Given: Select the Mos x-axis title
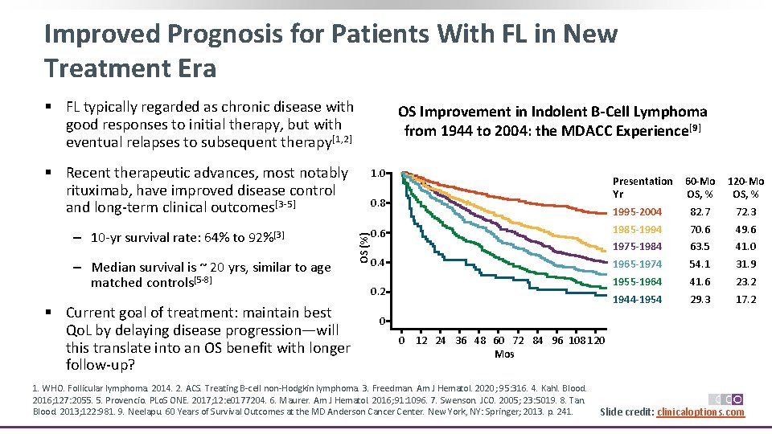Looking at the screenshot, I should (x=504, y=354).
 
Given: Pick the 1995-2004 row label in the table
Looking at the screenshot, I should (x=638, y=212).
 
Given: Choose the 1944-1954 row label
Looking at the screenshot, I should (x=638, y=299).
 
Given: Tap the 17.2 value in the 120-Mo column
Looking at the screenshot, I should (x=745, y=299).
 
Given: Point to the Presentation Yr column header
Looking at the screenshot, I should (x=642, y=187).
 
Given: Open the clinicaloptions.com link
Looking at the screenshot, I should (x=700, y=412).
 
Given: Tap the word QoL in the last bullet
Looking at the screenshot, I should (x=80, y=330).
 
